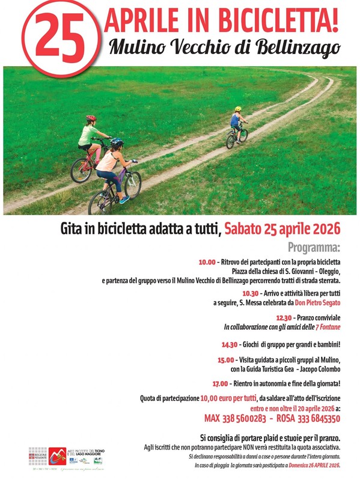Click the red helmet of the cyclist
[x=91, y=119]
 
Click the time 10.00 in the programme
[x=209, y=262]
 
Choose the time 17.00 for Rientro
[x=221, y=383]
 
